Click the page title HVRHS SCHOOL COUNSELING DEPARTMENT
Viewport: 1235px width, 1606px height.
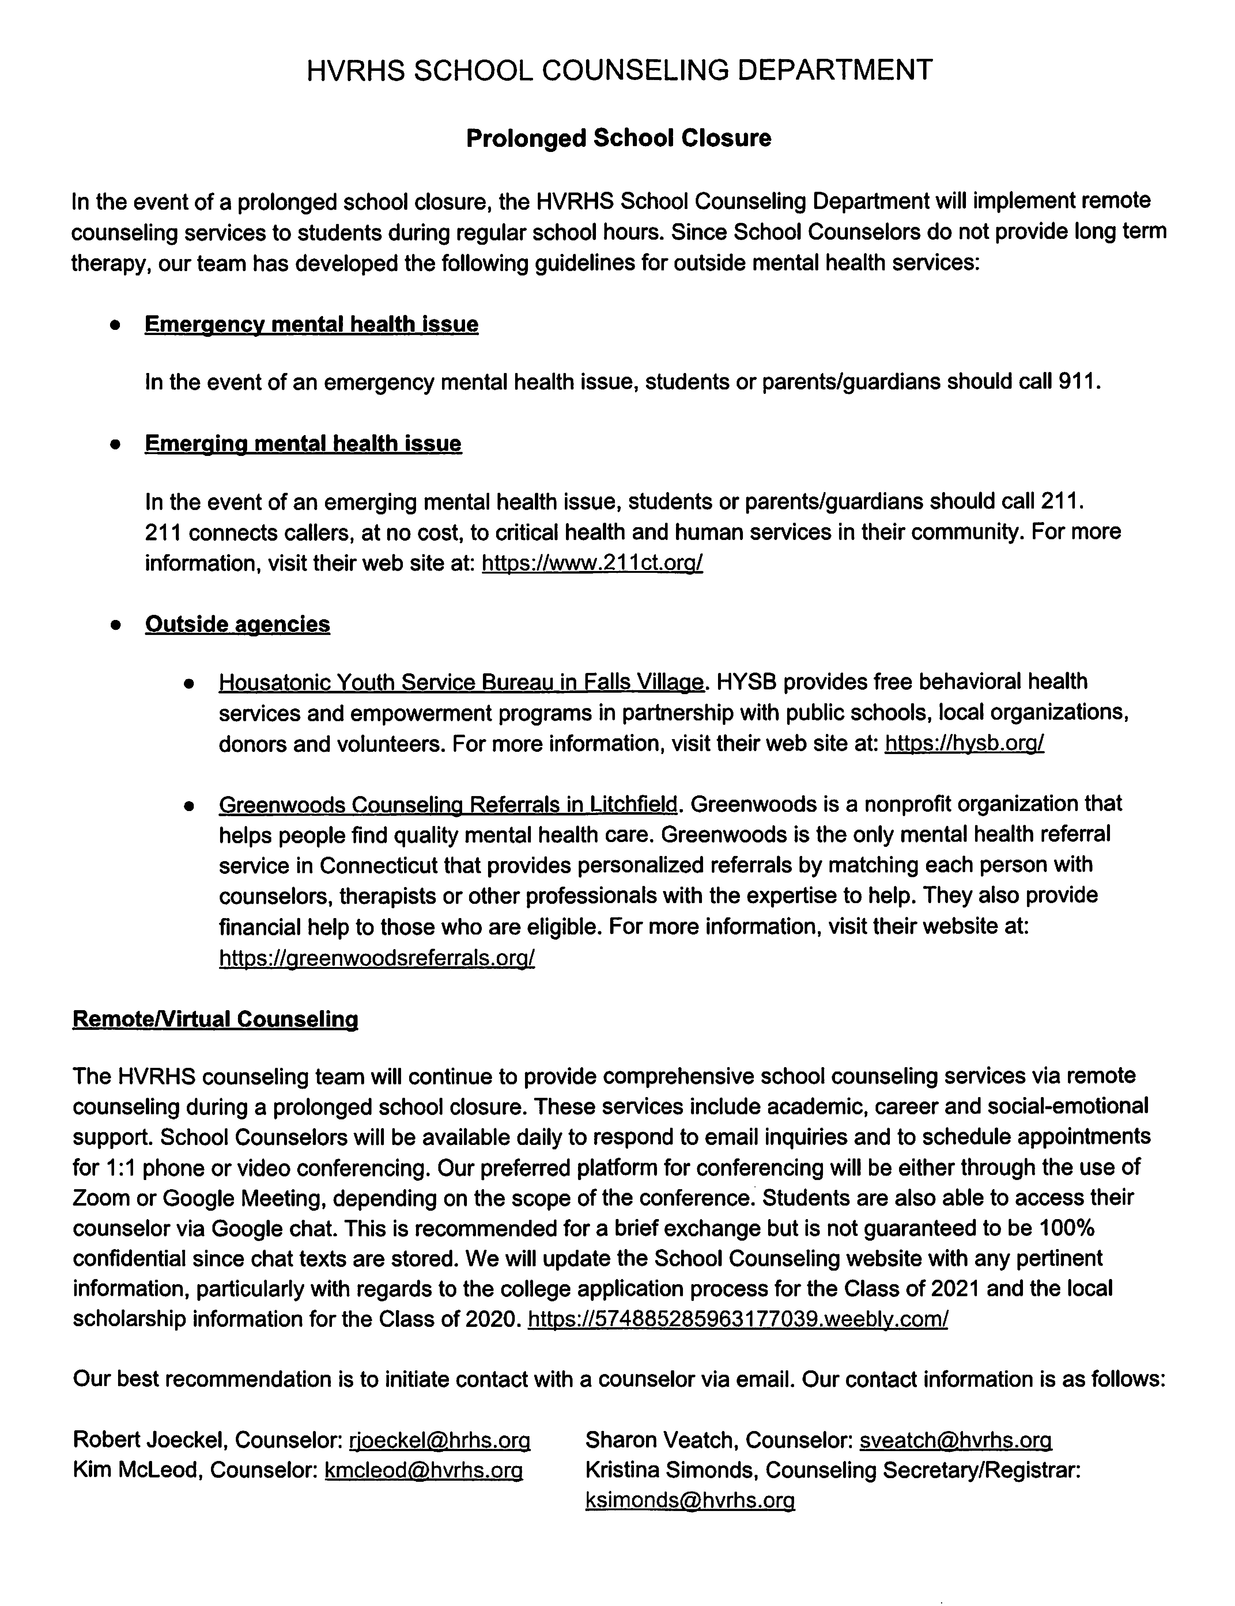619,71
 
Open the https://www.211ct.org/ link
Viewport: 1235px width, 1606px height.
592,563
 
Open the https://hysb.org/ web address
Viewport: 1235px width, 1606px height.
964,744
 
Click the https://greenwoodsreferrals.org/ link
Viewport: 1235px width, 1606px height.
376,958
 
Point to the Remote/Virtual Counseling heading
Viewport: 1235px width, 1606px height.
215,1019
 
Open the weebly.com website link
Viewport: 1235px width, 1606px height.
738,1320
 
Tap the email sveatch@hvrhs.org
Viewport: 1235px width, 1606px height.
956,1440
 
